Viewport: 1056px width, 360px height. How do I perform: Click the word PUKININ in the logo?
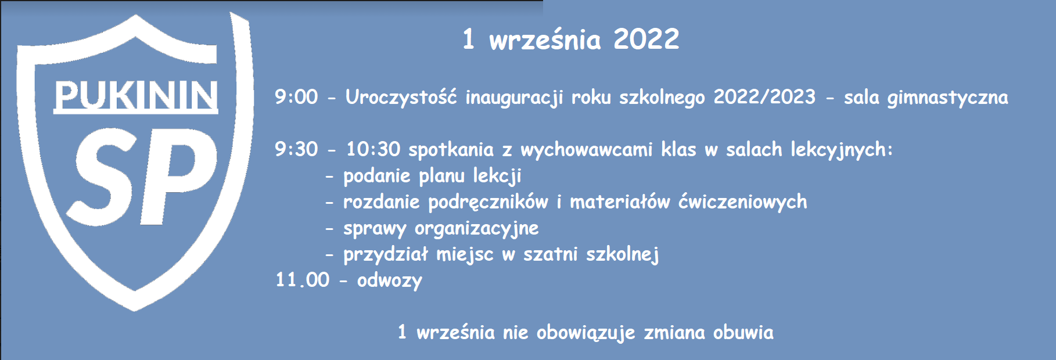(x=136, y=95)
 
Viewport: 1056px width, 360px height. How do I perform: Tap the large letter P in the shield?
(x=180, y=177)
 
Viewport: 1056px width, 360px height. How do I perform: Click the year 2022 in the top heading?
(x=646, y=39)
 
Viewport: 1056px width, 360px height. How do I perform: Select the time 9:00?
(x=296, y=97)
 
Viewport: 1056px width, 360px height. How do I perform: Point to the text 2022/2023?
(x=764, y=97)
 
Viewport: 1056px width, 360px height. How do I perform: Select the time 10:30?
(x=373, y=149)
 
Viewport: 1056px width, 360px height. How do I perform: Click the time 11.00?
(x=302, y=280)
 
